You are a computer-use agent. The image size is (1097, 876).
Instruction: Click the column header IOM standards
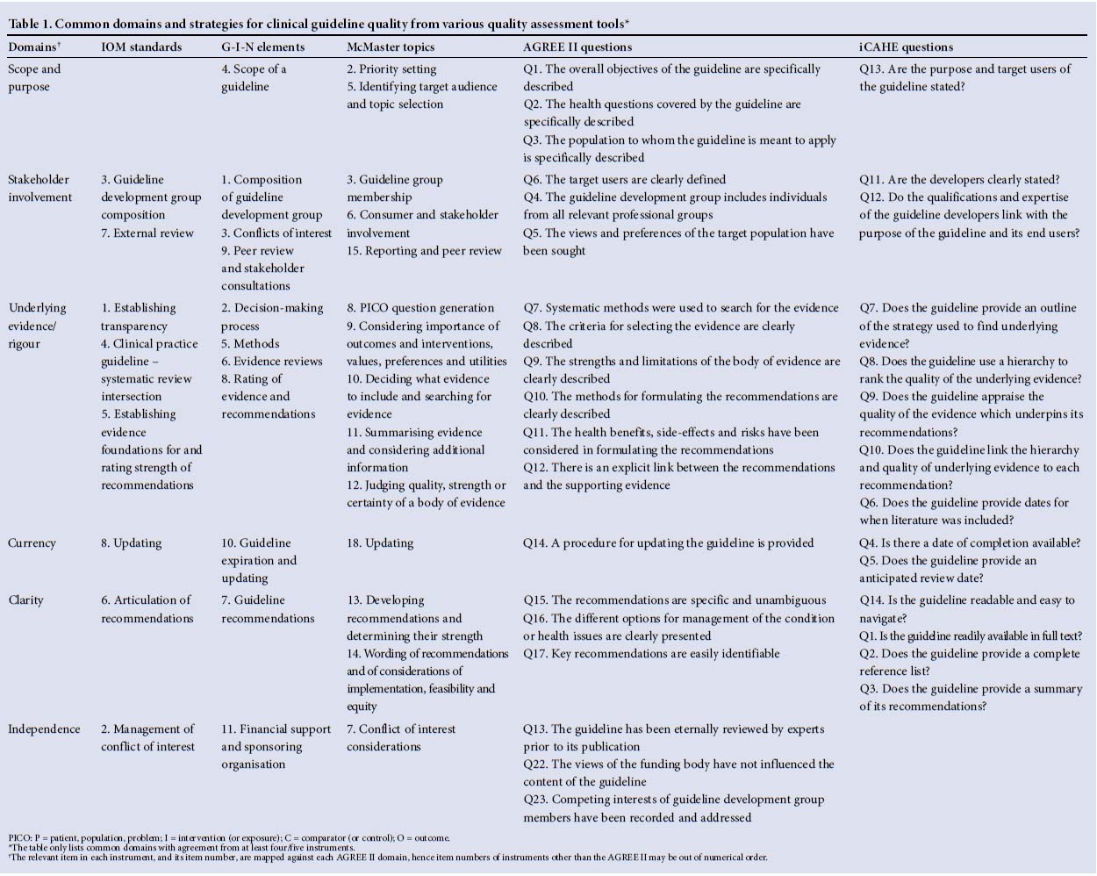(141, 47)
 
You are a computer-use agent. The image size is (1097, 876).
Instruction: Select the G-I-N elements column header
(262, 47)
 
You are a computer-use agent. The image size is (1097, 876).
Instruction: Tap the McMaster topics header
(391, 47)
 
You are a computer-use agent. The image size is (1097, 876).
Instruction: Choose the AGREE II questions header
(577, 47)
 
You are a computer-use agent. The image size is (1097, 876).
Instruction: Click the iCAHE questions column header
(906, 47)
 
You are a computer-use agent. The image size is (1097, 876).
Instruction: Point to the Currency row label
(32, 543)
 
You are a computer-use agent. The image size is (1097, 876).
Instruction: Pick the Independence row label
(44, 729)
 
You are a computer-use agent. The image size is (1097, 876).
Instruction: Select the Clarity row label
(26, 600)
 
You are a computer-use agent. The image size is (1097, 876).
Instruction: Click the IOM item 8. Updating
(132, 543)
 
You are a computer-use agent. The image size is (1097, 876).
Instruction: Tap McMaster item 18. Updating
(380, 543)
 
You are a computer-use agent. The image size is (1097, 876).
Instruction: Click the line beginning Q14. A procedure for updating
(668, 543)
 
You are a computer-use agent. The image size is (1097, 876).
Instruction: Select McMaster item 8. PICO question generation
(420, 308)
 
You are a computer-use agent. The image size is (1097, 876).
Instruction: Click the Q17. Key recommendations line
(651, 653)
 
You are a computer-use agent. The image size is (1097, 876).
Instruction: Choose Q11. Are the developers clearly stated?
(959, 180)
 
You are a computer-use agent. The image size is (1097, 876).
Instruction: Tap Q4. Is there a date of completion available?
(970, 543)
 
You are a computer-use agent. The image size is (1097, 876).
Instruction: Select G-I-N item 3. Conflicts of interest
(276, 233)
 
